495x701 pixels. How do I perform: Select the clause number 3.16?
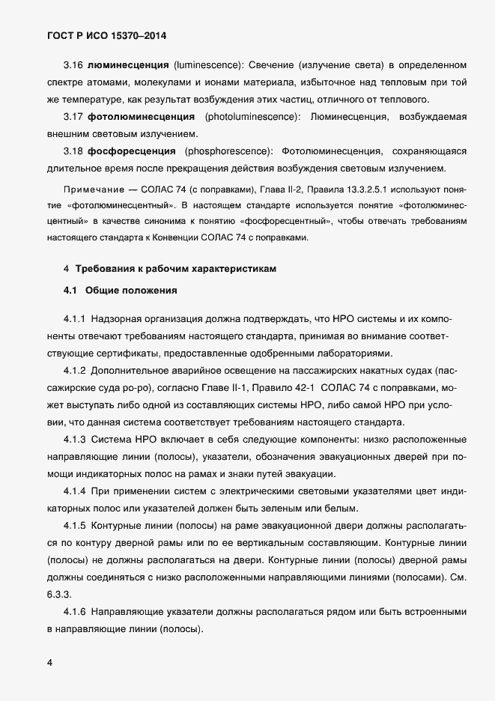(73, 67)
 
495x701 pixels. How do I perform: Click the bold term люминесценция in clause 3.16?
(128, 67)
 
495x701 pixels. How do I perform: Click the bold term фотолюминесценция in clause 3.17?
(136, 117)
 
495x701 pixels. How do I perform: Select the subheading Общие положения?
(131, 289)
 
